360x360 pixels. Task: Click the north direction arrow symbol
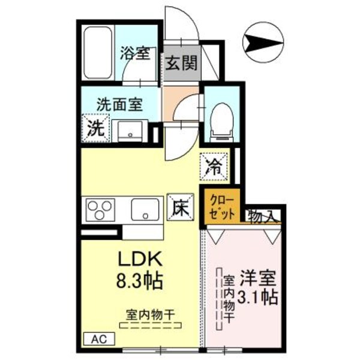[264, 43]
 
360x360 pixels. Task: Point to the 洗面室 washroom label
[120, 104]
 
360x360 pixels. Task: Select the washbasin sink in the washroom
[131, 128]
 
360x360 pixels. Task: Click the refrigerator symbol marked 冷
[214, 166]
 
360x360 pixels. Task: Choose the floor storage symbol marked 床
[178, 208]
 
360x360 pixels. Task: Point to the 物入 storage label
[263, 215]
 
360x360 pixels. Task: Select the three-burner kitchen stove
[101, 210]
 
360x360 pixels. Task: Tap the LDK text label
[140, 259]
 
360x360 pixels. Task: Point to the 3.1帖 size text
[258, 298]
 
